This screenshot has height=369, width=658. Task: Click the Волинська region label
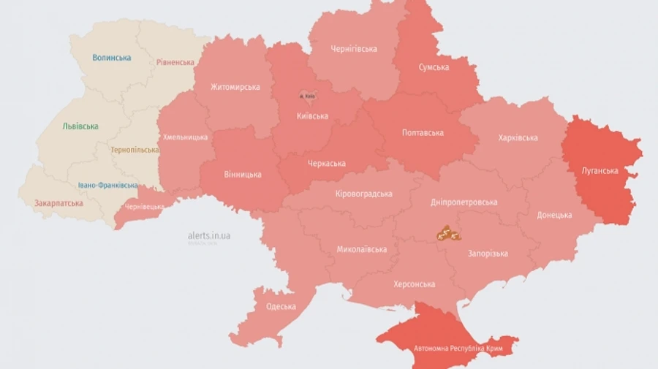112,58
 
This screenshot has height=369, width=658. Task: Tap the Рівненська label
175,63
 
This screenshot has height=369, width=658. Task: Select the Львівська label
80,126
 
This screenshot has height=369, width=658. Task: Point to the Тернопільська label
135,150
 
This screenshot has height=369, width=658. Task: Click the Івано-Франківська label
107,186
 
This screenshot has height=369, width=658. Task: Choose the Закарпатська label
58,203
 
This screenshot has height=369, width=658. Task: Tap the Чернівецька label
144,207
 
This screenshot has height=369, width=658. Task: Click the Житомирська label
235,87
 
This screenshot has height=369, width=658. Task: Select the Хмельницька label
185,137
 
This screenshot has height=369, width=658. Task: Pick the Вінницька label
242,175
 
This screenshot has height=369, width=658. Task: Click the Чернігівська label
354,49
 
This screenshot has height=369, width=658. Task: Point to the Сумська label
434,67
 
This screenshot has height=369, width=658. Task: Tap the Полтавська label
423,133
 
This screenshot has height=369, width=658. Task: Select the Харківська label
518,137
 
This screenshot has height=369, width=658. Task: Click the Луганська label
600,171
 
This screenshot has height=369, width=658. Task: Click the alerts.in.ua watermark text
209,235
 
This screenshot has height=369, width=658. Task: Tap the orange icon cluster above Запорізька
447,234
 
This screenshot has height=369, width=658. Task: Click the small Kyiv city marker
307,96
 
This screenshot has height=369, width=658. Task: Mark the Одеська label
281,307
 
